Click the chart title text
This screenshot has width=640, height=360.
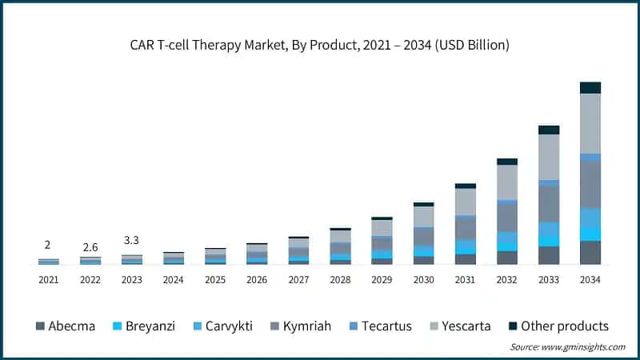coord(320,46)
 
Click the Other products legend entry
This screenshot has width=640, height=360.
coord(558,326)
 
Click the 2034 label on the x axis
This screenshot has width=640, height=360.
coord(590,280)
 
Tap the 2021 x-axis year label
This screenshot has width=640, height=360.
coord(50,280)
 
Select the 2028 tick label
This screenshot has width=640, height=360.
coord(340,280)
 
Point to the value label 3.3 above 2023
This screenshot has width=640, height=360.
coord(132,240)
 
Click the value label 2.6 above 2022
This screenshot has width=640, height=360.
coord(90,246)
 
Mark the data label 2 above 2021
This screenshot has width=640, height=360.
coord(49,245)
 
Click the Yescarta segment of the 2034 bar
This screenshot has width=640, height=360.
coord(590,123)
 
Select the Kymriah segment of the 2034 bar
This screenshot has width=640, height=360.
coord(590,184)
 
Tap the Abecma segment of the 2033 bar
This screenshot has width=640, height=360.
coord(548,255)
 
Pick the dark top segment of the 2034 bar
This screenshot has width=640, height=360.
coord(590,87)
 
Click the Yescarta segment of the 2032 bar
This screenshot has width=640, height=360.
coord(506,182)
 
